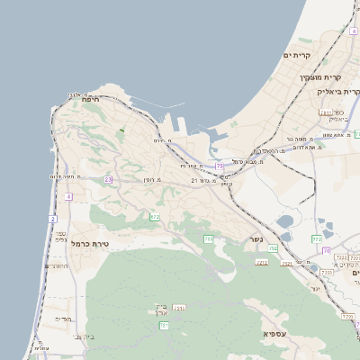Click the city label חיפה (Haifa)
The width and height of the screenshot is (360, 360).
(x=90, y=99)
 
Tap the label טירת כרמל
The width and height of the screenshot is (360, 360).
(x=89, y=243)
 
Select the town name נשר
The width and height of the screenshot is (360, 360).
(x=256, y=240)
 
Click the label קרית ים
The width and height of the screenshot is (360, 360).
(x=297, y=56)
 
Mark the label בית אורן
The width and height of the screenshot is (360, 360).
(x=157, y=311)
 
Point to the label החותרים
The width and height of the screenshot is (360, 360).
(x=58, y=266)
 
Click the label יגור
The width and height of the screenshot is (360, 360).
(x=315, y=289)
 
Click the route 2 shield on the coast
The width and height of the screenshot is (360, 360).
(x=52, y=219)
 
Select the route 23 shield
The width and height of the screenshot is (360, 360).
(x=108, y=180)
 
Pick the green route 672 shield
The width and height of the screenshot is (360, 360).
(x=155, y=217)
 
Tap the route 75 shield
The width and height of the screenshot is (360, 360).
(x=219, y=166)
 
